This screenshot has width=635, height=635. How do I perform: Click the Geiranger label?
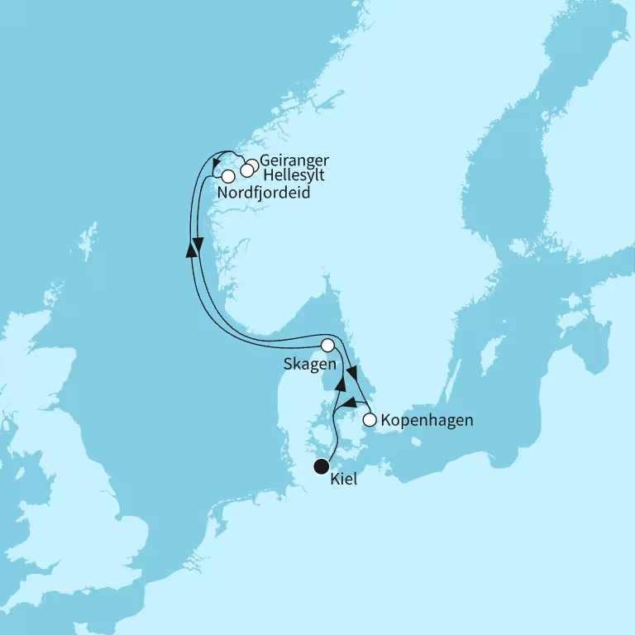pyautogui.click(x=294, y=160)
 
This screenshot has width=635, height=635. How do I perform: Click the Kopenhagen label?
pyautogui.click(x=427, y=420)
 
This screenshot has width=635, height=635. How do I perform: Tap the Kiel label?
pyautogui.click(x=344, y=480)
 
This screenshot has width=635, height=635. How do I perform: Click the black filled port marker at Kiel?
pyautogui.click(x=321, y=468)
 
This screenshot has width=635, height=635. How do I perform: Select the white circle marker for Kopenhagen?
pyautogui.click(x=370, y=420)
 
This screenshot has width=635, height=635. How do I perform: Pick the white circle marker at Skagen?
pyautogui.click(x=328, y=345)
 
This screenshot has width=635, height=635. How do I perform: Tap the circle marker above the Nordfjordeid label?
pyautogui.click(x=227, y=175)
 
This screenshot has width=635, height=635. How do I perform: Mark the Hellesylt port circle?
pyautogui.click(x=246, y=172)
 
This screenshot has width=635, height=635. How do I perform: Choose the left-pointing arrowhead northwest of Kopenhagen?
pyautogui.click(x=351, y=403)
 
